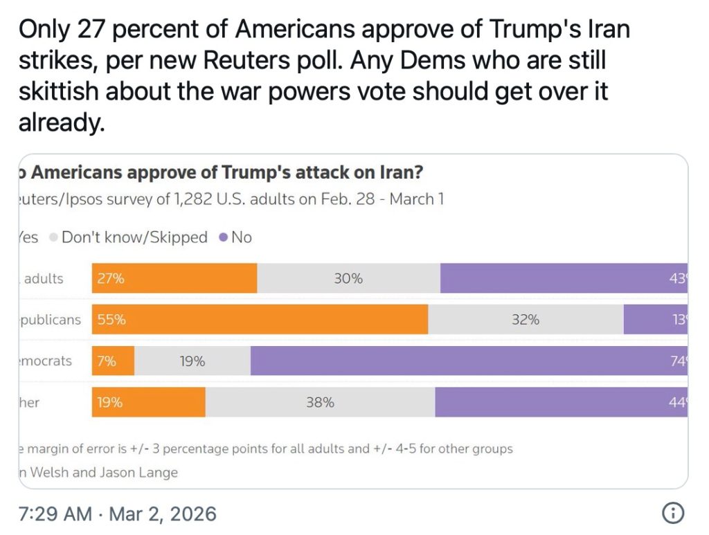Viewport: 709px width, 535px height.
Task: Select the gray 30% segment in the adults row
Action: [x=348, y=278]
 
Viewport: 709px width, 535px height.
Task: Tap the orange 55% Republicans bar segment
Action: [x=260, y=320]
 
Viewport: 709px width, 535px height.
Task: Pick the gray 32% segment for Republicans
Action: [x=526, y=320]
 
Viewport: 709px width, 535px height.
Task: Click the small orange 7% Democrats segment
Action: [x=113, y=361]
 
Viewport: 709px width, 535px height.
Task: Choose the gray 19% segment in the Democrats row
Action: [x=192, y=361]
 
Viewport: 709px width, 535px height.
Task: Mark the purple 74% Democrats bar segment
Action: [x=469, y=361]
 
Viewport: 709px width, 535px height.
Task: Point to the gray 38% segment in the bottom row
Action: [x=320, y=402]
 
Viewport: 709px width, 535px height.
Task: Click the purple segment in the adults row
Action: [x=564, y=278]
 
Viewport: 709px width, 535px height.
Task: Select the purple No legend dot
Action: [x=223, y=237]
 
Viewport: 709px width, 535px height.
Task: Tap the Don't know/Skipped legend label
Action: [x=134, y=237]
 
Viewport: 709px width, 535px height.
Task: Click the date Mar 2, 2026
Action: [x=163, y=514]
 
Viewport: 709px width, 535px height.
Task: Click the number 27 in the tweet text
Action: [x=93, y=30]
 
